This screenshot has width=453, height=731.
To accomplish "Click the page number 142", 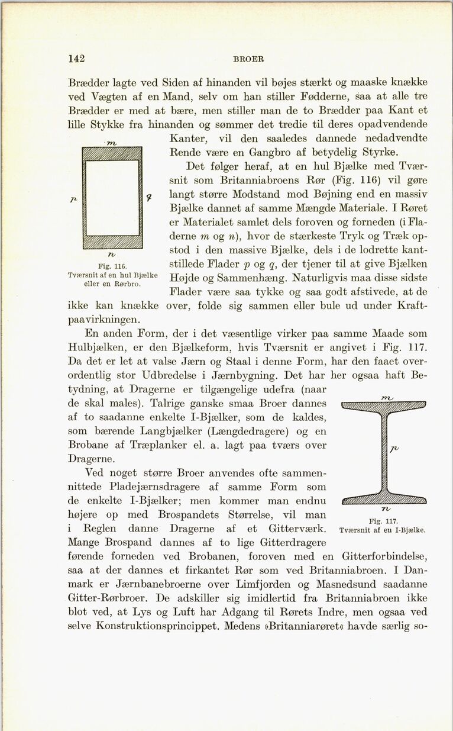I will click(77, 59).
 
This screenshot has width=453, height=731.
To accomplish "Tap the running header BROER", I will click(248, 59).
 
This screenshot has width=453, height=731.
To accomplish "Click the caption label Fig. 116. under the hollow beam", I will click(111, 265).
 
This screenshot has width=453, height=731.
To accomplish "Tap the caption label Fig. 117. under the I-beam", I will click(383, 521).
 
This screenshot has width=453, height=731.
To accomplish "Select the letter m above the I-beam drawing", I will click(386, 398).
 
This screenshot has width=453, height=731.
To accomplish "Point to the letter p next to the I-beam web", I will click(394, 450).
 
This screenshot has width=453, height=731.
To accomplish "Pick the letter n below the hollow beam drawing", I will click(111, 255).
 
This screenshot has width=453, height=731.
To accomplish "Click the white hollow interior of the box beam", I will click(112, 198).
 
